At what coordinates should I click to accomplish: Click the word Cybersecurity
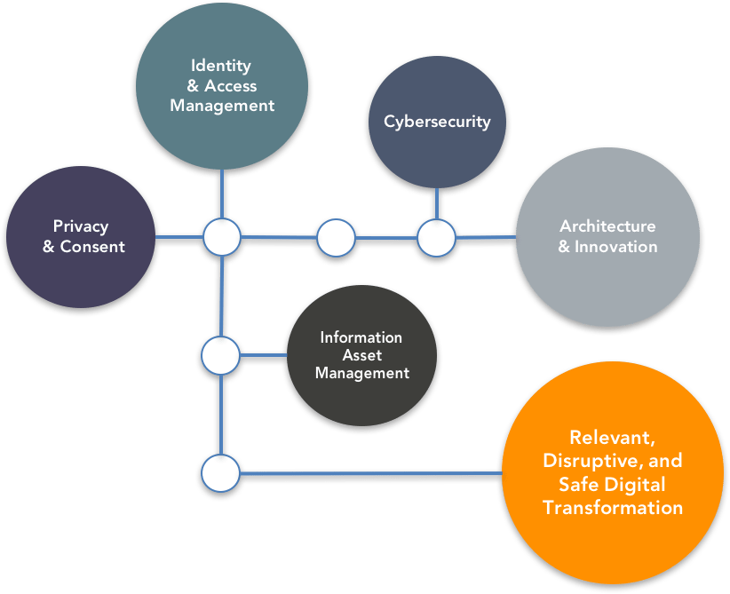coord(437,122)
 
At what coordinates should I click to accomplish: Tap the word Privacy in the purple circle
coord(80,226)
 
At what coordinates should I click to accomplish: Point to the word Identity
coord(221,66)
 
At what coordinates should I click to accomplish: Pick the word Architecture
coord(607,226)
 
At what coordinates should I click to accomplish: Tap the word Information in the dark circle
coord(361,337)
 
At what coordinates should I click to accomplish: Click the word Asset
coord(361,355)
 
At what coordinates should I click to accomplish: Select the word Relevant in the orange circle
coord(612,438)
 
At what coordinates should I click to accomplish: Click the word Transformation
coord(613,508)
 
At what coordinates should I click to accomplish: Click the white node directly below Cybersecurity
coord(436,237)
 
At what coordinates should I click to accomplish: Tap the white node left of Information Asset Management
coord(220,356)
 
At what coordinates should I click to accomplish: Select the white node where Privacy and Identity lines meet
coord(221,237)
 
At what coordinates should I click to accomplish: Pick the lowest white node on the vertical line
coord(220,473)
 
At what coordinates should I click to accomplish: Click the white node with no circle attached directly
coord(336,237)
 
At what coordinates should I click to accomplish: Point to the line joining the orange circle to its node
coord(373,475)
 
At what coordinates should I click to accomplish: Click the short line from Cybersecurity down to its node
coord(437,203)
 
